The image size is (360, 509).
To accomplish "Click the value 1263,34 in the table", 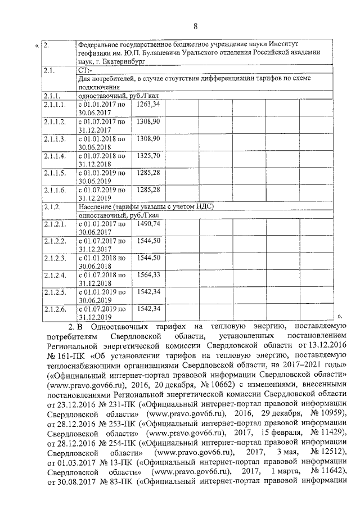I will click(x=148, y=104).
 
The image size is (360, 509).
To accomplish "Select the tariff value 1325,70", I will click(x=148, y=155).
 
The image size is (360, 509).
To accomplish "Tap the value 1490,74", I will click(x=149, y=223).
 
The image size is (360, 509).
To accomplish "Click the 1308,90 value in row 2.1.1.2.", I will click(x=148, y=121).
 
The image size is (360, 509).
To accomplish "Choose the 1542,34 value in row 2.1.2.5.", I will click(x=149, y=291).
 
